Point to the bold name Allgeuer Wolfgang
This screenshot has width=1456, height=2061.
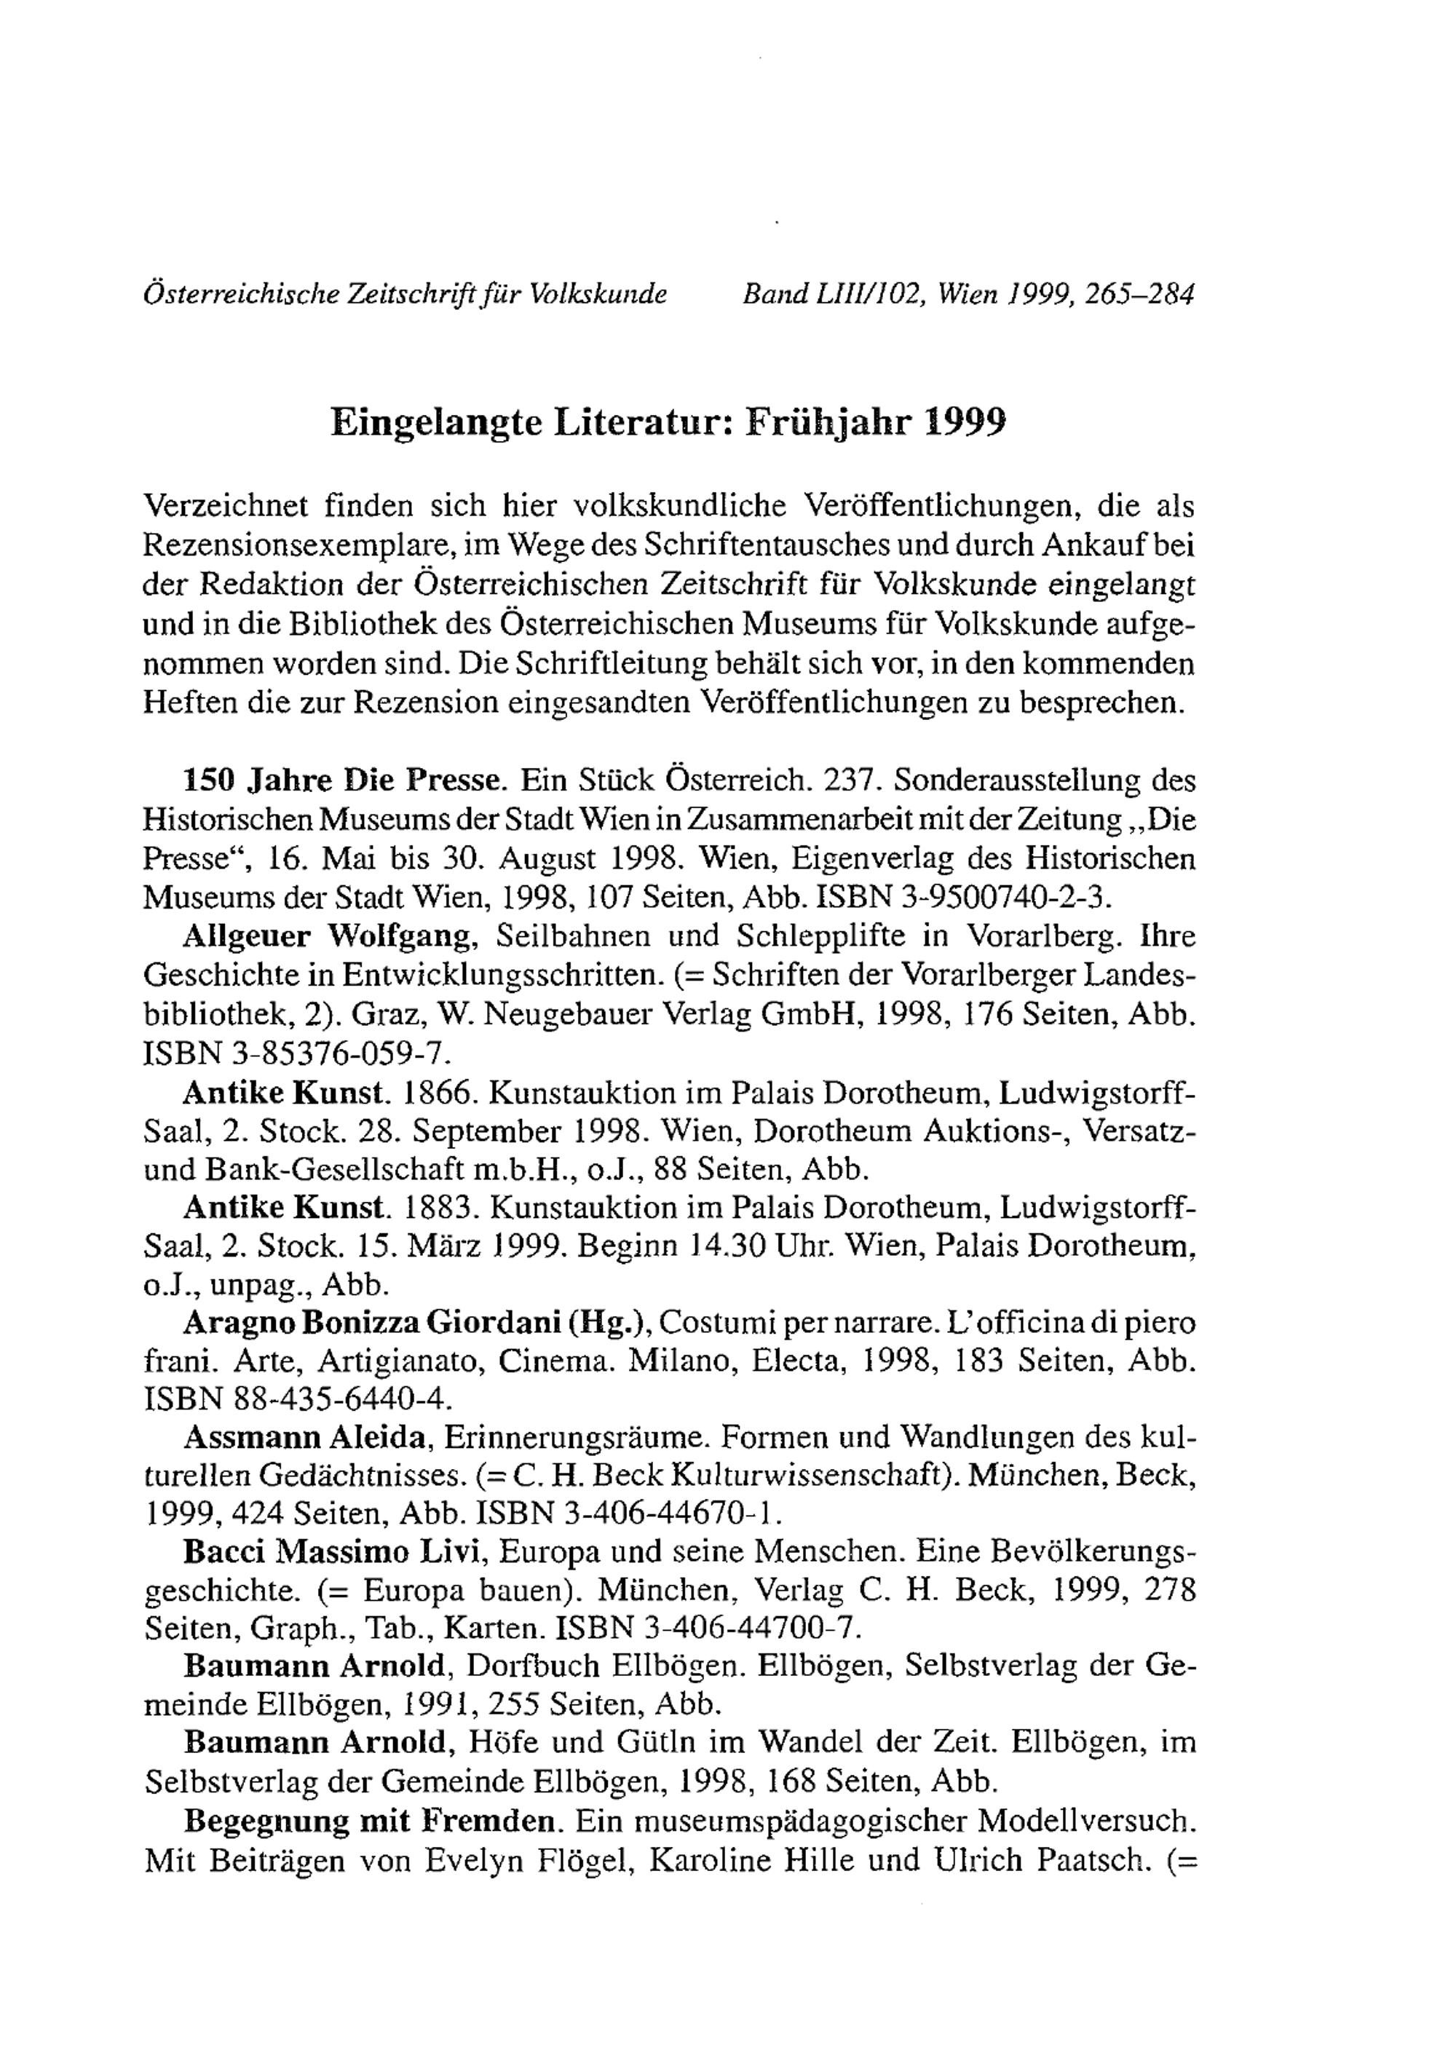328,936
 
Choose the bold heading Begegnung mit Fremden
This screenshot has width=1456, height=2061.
368,1819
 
